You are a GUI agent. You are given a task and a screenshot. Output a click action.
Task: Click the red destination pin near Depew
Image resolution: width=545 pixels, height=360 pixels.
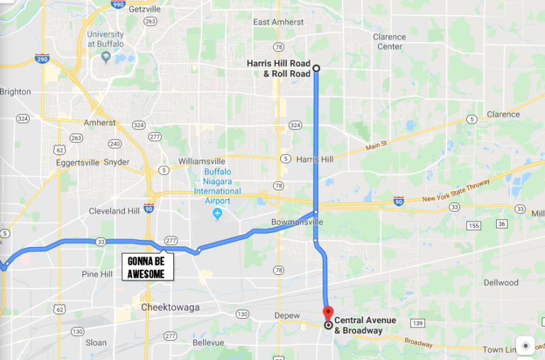(328, 312)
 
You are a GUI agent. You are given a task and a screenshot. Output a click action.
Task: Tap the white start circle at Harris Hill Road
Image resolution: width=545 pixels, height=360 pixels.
(316, 69)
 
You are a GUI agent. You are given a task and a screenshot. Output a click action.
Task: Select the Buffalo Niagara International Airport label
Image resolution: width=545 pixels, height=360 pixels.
(217, 182)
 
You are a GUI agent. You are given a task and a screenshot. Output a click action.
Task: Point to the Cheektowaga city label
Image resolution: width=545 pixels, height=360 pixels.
(170, 307)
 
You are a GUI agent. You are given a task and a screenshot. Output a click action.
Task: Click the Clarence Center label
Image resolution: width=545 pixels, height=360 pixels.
(390, 42)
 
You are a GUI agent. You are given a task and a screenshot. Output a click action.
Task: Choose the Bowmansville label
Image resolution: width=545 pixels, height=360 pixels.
(297, 222)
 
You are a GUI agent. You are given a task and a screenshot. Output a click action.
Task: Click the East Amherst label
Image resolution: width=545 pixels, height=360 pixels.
(279, 22)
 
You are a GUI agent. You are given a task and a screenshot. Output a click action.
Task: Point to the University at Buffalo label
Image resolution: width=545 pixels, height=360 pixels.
(106, 39)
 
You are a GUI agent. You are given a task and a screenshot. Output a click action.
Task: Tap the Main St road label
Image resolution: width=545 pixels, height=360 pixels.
(379, 146)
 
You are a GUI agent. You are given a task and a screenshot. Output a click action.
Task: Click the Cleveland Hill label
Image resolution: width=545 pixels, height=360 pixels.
(114, 211)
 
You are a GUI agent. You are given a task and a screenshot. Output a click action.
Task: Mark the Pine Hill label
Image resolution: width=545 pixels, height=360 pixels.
(97, 274)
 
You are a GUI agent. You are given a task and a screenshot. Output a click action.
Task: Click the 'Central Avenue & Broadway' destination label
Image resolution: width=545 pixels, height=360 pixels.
(358, 325)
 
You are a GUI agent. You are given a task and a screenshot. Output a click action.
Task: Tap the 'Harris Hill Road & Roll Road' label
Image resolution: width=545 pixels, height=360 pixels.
(279, 68)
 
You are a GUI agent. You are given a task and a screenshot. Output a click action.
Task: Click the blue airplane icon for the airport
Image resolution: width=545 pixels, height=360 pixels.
(217, 214)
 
